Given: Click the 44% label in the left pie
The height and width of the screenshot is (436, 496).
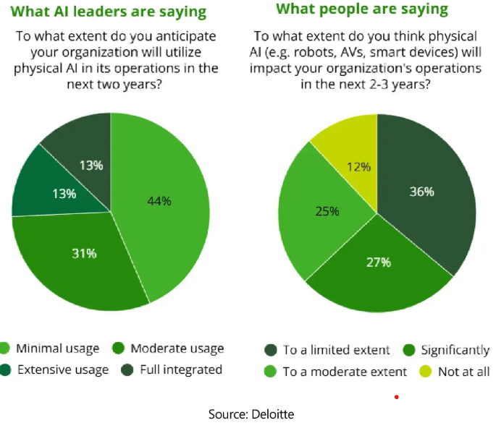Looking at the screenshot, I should coord(159,201).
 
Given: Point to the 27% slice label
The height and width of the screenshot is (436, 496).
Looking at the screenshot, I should coord(377,262).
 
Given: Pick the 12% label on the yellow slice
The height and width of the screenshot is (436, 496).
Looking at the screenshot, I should coord(358,167).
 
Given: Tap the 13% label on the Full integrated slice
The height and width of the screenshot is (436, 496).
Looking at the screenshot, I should coord(91,166).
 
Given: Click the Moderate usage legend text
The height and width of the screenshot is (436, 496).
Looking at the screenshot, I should coord(177,349).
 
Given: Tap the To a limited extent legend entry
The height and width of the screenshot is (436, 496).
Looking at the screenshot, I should coord(329,350).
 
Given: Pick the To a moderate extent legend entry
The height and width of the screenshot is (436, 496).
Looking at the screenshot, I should coord(337,372).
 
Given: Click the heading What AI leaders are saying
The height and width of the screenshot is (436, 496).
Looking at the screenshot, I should coord(109,12).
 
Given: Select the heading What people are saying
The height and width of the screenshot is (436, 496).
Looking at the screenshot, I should coord(362,9).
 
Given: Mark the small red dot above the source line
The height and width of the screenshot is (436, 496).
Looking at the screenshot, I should coord(396,397).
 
